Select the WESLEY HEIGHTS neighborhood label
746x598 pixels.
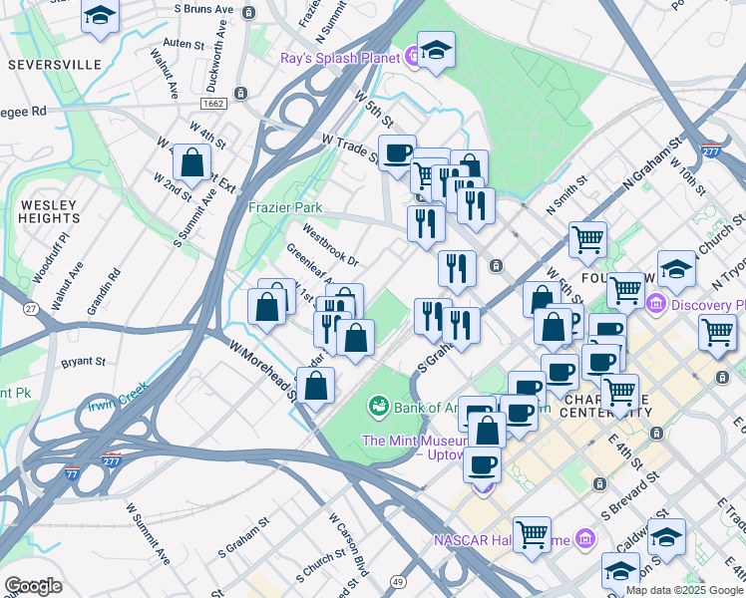coord(48,210)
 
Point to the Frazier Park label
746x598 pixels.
coord(285,207)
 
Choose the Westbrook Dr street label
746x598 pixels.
coord(330,248)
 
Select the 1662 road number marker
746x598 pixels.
coord(212,104)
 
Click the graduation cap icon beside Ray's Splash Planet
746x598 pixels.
coord(436,50)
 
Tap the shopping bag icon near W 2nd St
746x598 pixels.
coord(191,161)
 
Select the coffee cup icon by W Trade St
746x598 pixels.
coord(398,152)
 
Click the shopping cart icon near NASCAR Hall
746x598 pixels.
coord(533,534)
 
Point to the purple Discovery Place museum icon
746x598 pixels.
coord(656,303)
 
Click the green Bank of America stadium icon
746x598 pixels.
coord(378,406)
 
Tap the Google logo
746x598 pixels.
coord(33,585)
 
